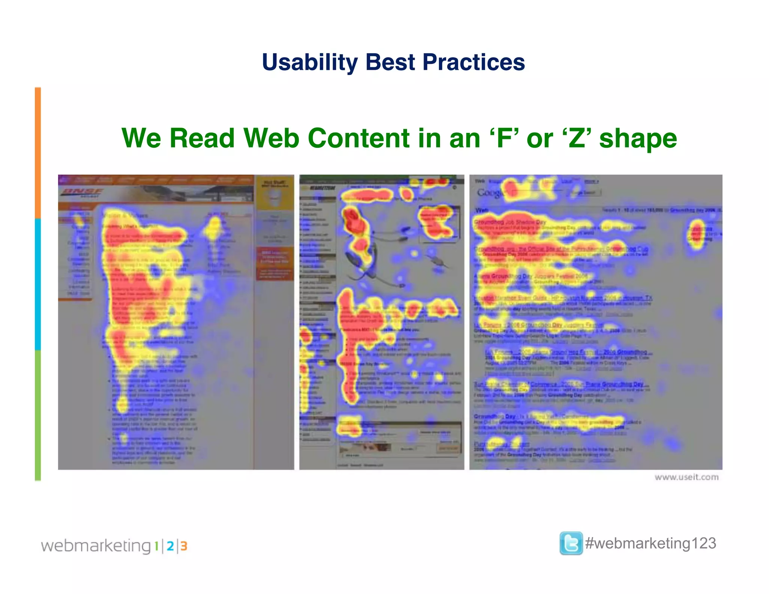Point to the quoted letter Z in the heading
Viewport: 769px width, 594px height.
tap(576, 138)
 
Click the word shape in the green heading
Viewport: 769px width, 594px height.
tap(638, 139)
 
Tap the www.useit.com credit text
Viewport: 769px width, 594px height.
tap(686, 477)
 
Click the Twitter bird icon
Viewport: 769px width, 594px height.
tap(571, 543)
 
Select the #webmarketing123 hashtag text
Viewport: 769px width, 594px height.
tap(651, 543)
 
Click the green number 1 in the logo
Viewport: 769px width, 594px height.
tap(156, 546)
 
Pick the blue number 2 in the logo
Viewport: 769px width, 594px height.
tap(170, 546)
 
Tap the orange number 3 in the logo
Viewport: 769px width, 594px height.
tap(184, 546)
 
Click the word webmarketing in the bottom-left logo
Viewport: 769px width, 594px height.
tap(96, 546)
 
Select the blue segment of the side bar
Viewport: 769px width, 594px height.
tap(38, 284)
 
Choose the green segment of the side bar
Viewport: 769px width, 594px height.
tap(38, 415)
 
